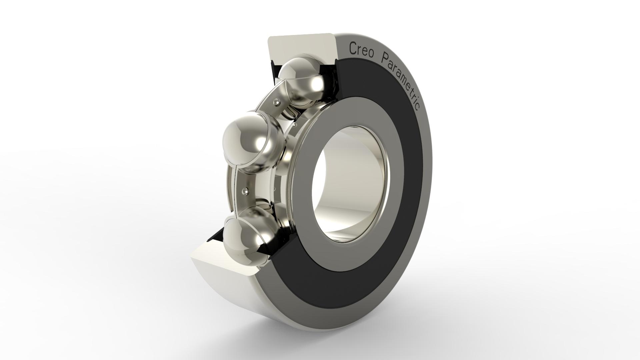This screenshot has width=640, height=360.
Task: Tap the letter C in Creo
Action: tap(352, 48)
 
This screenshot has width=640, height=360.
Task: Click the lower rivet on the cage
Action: tap(246, 191)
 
